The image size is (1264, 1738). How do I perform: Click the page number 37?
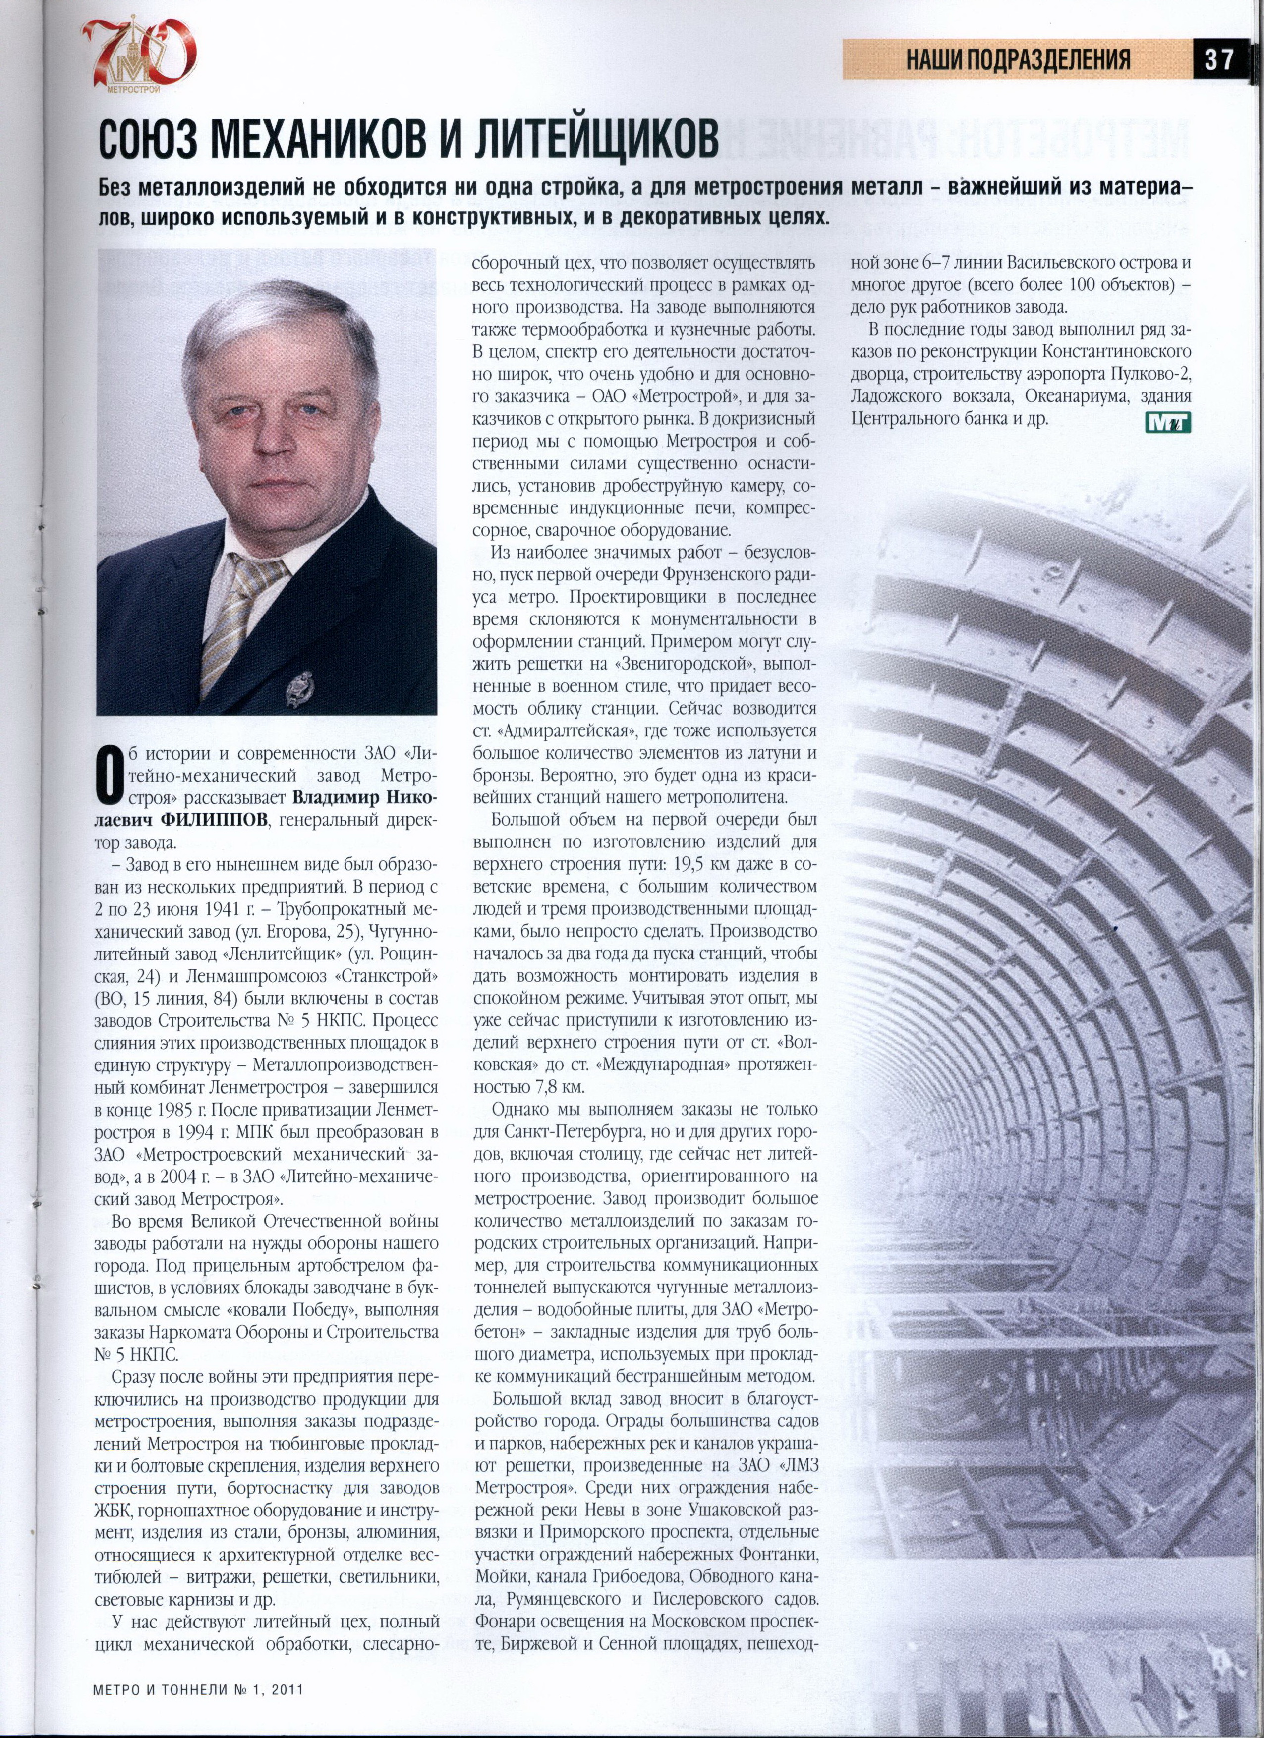click(1218, 59)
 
